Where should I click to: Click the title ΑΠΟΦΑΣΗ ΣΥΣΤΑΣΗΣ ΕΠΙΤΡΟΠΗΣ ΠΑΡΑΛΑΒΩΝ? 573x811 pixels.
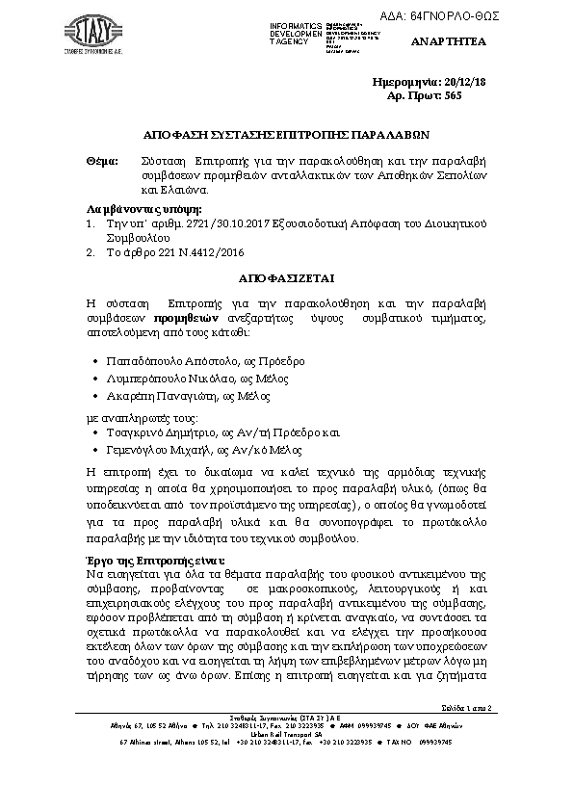[286, 136]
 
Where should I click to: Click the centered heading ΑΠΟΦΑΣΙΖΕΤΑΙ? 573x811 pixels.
[286, 278]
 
